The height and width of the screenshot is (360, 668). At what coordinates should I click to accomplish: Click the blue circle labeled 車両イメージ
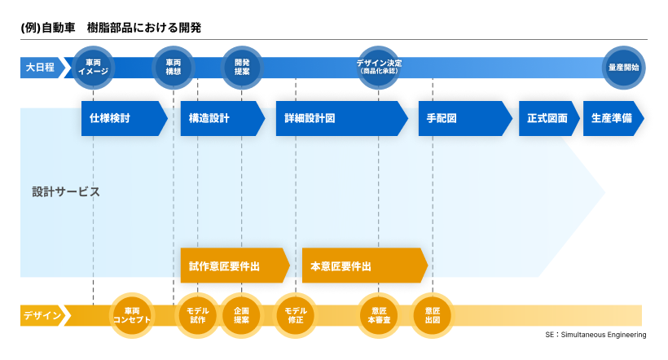tap(93, 67)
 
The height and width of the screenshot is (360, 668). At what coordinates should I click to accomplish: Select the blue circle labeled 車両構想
tap(174, 67)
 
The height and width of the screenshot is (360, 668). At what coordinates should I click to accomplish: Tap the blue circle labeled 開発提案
tap(242, 67)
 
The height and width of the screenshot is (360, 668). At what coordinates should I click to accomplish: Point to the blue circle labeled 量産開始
tap(623, 67)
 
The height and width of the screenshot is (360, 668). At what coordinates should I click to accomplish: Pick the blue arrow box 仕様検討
tap(122, 118)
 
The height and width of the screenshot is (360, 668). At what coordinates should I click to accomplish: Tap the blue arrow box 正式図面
tap(547, 118)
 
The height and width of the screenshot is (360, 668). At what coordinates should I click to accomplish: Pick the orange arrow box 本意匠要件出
tap(363, 266)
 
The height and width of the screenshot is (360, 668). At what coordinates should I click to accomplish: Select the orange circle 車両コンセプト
tap(132, 315)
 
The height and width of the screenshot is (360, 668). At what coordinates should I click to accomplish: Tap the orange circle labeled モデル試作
tap(198, 315)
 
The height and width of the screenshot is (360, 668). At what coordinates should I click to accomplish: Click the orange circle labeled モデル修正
tap(296, 315)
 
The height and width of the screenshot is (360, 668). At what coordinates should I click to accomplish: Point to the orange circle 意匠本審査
tap(379, 315)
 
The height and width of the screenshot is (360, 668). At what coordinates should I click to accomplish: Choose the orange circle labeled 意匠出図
tap(433, 315)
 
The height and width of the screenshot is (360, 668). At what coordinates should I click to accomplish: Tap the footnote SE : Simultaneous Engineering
tap(595, 335)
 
